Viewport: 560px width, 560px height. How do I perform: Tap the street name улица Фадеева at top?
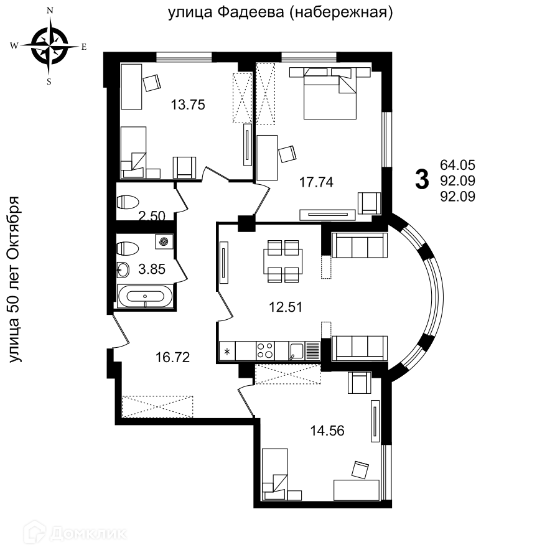tap(226, 12)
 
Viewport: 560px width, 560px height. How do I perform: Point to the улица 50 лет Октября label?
tap(15, 279)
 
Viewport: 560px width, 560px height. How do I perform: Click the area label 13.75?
tap(188, 105)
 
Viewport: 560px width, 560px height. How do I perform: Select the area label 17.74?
tap(316, 182)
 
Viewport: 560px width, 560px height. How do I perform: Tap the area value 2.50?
tap(152, 216)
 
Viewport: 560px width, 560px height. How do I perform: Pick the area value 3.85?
tap(152, 269)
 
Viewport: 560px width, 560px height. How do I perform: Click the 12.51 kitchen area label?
tap(286, 307)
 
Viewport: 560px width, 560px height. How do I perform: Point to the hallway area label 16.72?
tap(172, 357)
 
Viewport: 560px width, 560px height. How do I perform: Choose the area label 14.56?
tap(327, 431)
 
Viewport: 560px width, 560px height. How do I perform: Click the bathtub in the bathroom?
tap(146, 296)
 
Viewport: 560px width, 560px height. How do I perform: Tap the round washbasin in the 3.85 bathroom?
tap(123, 269)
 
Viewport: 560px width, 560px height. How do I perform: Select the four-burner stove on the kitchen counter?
tap(265, 350)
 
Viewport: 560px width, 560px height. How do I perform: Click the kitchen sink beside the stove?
tap(296, 351)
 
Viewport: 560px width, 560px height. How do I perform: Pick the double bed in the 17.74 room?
tap(330, 93)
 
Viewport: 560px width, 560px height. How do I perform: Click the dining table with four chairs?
tap(283, 261)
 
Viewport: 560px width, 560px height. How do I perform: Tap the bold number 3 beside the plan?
tap(422, 180)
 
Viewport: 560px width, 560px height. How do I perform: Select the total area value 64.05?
tap(457, 165)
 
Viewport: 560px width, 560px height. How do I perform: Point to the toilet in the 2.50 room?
tap(128, 202)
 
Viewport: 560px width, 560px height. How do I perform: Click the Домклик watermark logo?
tap(75, 534)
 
